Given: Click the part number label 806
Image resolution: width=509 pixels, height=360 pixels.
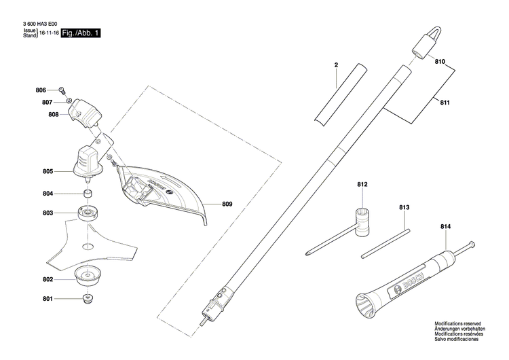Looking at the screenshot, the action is pos(41,90).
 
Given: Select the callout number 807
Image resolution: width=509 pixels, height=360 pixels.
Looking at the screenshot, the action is pos(47,103).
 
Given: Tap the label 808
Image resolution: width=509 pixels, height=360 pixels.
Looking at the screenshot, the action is pos(54,115).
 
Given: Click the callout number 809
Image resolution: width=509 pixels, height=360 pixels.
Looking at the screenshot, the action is pos(227,203).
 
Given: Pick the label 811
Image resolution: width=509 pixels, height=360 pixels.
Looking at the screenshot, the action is pos(445,103).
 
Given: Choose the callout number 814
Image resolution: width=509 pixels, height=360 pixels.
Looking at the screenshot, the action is pos(445,226).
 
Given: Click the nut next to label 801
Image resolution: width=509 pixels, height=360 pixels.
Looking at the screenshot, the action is pos(88,299).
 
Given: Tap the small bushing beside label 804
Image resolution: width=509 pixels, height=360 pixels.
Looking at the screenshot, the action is pos(88,194).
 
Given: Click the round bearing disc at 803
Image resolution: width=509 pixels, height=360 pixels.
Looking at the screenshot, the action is pos(88,214).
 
